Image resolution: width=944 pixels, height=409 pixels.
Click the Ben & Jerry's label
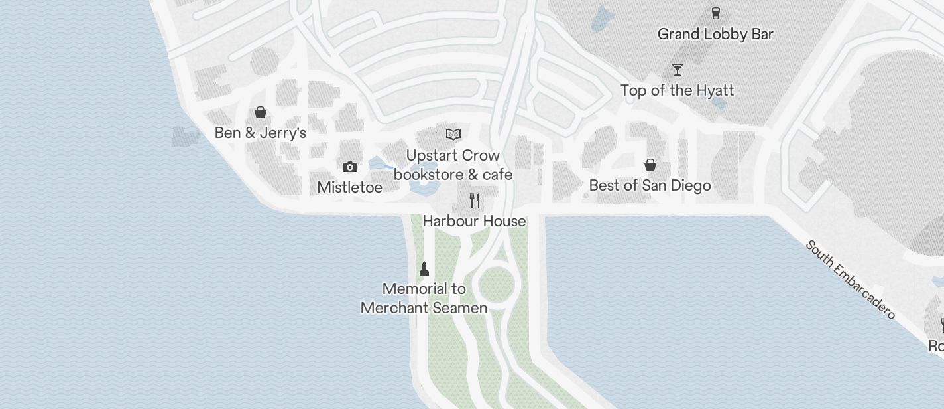pyautogui.click(x=260, y=133)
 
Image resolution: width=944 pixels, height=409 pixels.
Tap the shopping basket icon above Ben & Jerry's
pyautogui.click(x=261, y=112)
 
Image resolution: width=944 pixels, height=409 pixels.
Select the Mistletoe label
pyautogui.click(x=349, y=187)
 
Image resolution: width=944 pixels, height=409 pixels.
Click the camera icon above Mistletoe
pyautogui.click(x=349, y=167)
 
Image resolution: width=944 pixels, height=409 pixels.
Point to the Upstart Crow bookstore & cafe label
pyautogui.click(x=453, y=165)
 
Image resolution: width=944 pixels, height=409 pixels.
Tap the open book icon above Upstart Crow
pyautogui.click(x=453, y=135)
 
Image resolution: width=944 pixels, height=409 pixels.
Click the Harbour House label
pyautogui.click(x=474, y=221)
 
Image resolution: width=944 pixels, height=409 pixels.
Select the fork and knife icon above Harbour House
pyautogui.click(x=475, y=200)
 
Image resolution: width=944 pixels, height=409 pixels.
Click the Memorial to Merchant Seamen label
pyautogui.click(x=424, y=298)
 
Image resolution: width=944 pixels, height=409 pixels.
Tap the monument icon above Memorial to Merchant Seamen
pyautogui.click(x=424, y=268)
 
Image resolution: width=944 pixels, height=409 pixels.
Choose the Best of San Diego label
pyautogui.click(x=650, y=185)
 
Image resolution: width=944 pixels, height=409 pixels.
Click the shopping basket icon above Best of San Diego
pyautogui.click(x=650, y=165)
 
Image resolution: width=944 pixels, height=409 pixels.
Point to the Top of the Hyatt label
pyautogui.click(x=677, y=90)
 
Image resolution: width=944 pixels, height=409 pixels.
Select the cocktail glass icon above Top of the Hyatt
pyautogui.click(x=677, y=70)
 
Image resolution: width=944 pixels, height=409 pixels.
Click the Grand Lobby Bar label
pyautogui.click(x=715, y=34)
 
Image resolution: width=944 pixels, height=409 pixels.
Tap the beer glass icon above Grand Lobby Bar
pyautogui.click(x=715, y=13)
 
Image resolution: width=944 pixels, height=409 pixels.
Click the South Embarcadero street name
pyautogui.click(x=851, y=279)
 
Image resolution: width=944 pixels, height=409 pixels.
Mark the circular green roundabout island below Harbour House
pyautogui.click(x=496, y=285)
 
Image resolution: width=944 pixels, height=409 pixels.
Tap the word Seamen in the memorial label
pyautogui.click(x=456, y=308)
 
